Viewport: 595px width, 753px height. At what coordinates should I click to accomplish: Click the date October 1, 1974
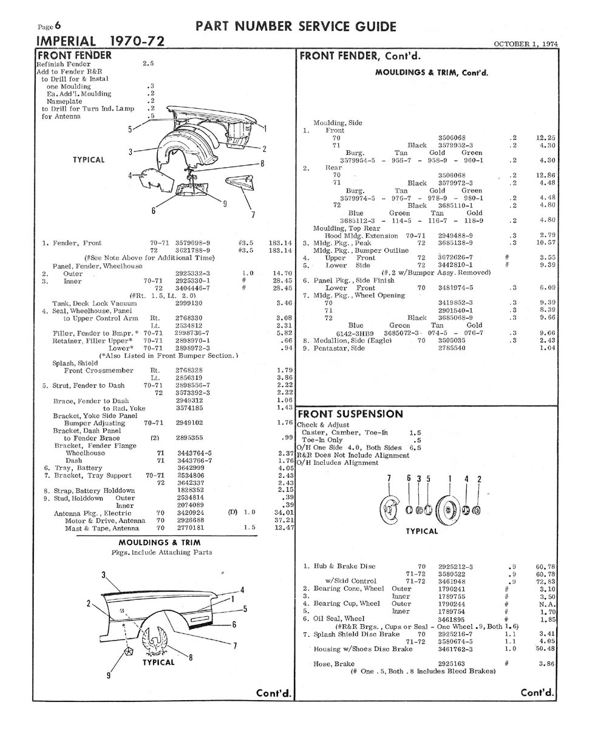coord(526,44)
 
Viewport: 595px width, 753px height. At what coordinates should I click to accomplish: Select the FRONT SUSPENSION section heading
coord(350,414)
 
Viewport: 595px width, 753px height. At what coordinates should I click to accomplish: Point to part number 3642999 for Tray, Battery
coord(191,468)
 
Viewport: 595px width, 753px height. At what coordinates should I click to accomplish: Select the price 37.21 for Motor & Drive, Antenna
coord(284,520)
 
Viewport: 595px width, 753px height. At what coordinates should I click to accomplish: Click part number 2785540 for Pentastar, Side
coord(452,348)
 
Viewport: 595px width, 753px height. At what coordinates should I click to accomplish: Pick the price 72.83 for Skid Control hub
coord(545,582)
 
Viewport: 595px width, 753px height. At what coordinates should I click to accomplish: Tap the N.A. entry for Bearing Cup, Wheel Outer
coord(547,604)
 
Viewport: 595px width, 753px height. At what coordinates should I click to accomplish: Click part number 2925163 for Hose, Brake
coord(452,664)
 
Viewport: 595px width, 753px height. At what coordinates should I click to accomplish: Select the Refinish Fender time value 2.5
coord(148,63)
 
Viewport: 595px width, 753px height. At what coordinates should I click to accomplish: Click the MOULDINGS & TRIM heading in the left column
coord(160,543)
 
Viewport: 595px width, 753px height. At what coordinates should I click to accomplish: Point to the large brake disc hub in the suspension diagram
coord(449,510)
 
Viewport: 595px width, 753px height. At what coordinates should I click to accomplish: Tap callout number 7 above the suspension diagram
coord(389,478)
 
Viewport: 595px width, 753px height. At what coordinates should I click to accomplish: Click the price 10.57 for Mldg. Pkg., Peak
coord(545,242)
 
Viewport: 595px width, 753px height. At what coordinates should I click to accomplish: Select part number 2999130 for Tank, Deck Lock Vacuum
coord(189,303)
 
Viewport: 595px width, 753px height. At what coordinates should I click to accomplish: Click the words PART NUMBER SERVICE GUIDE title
coord(296,27)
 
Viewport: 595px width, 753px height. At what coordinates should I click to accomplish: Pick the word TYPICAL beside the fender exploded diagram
coord(89,160)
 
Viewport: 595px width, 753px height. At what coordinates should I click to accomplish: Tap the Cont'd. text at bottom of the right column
coord(537,692)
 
